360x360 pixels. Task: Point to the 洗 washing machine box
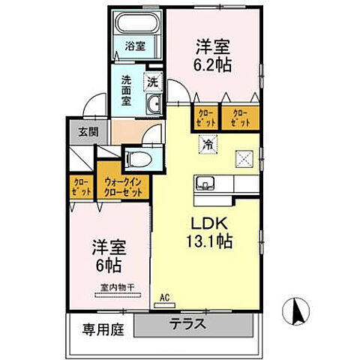click(x=153, y=80)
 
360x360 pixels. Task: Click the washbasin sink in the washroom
click(x=154, y=105)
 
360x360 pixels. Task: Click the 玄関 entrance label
click(x=82, y=132)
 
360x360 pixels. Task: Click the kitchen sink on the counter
click(x=205, y=183)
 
